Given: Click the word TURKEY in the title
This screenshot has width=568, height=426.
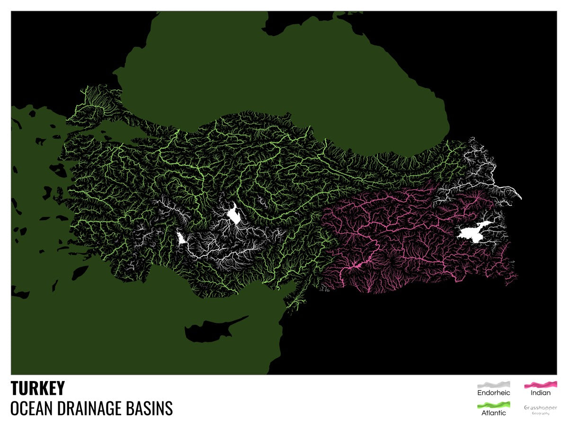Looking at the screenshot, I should (x=38, y=389).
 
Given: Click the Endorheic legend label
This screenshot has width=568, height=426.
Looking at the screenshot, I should (x=494, y=392).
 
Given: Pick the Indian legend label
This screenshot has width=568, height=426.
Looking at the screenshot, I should (x=540, y=392).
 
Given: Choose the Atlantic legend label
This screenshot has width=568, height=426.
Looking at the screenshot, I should (x=494, y=413).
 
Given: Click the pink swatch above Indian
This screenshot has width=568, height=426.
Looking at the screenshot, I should (x=540, y=384).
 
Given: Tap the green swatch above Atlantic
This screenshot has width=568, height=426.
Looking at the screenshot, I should (x=494, y=405).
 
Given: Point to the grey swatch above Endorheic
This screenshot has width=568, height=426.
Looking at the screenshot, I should (x=494, y=384).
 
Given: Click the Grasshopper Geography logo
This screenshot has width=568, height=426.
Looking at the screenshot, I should (x=540, y=409).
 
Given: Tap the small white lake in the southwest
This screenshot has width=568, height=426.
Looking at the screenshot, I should (x=180, y=238).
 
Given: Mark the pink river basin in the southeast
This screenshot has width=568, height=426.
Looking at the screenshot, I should (x=402, y=237).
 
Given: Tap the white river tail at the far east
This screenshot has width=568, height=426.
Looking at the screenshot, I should (x=516, y=194).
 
